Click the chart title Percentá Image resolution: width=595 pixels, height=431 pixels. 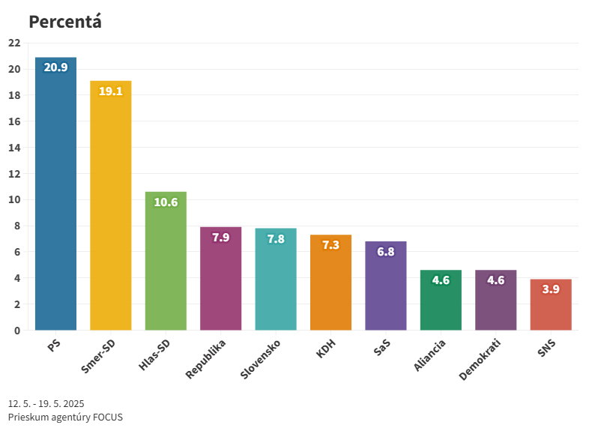[x=64, y=22]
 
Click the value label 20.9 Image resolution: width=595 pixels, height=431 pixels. [x=55, y=67]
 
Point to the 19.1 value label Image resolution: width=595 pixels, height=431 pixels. [x=111, y=91]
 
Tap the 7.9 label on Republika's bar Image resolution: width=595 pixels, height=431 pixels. [x=221, y=237]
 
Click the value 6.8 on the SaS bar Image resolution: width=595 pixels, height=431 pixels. [x=386, y=252]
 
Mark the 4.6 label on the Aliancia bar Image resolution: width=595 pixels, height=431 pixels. [x=441, y=280]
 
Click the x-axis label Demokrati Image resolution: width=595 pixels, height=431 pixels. [x=480, y=359]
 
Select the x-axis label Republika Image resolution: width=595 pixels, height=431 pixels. [x=206, y=358]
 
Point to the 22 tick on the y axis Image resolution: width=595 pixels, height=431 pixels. [x=14, y=43]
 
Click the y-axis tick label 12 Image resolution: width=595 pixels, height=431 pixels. [x=14, y=174]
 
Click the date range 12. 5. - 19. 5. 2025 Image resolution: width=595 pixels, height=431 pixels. [x=46, y=403]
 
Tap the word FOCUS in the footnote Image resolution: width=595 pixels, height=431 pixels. [x=108, y=417]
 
